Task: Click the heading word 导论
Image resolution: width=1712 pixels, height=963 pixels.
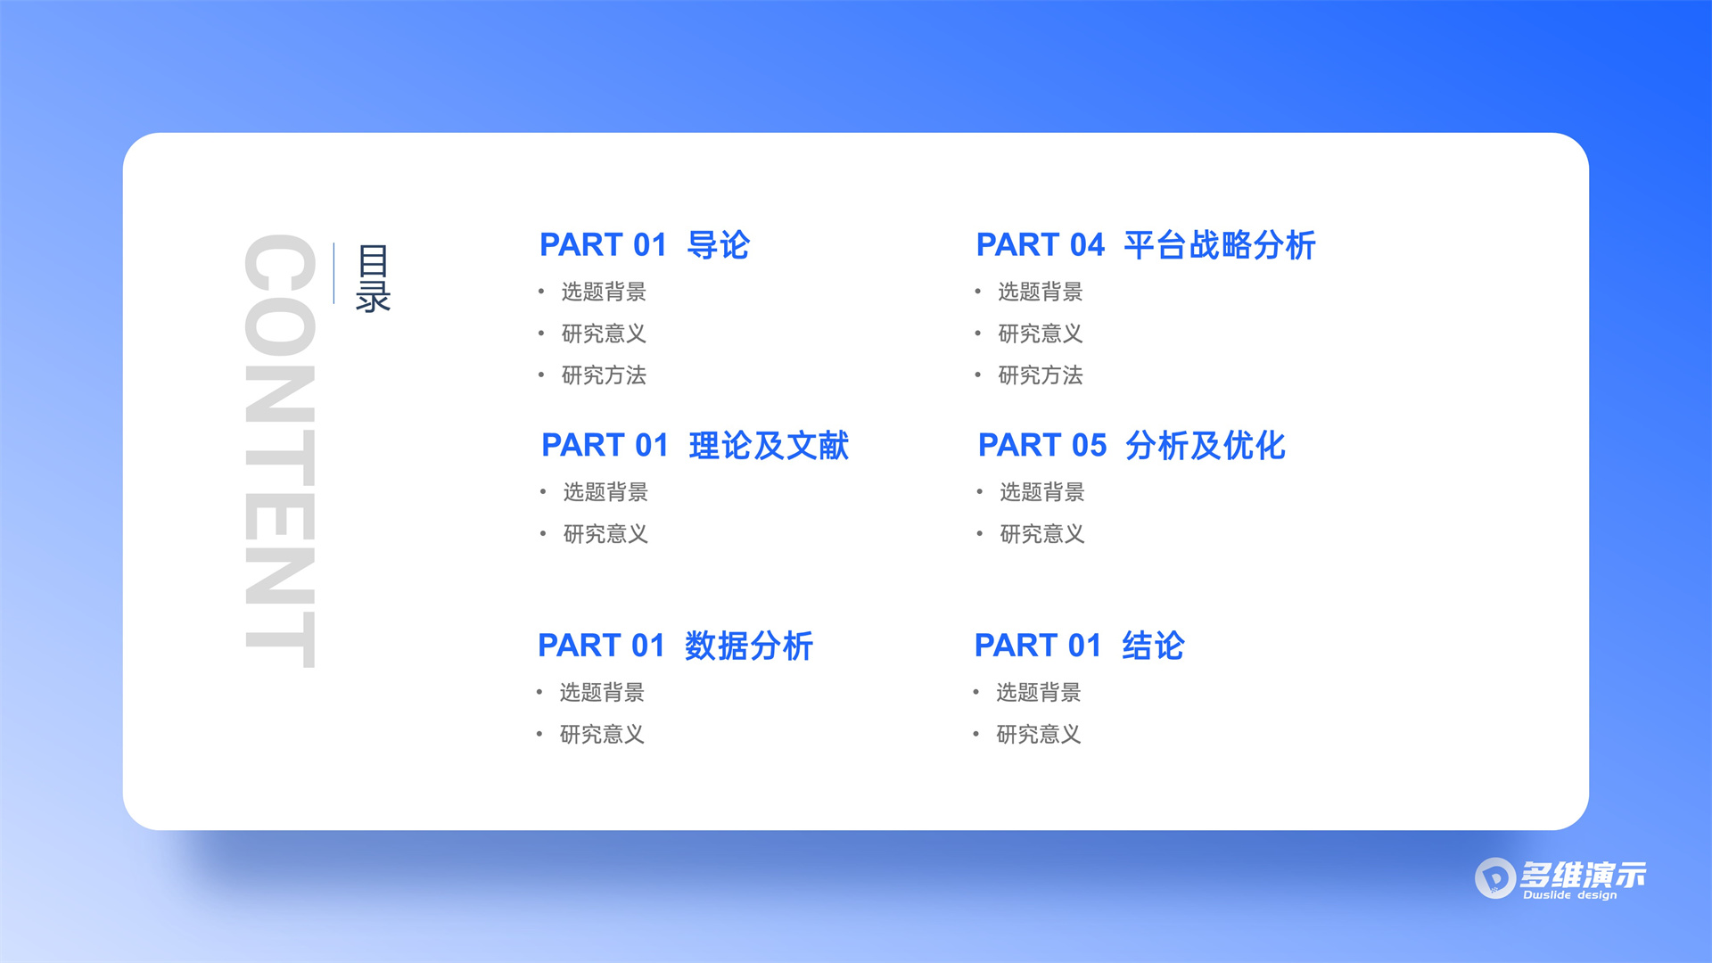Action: point(719,245)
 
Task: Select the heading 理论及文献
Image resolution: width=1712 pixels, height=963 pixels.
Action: point(769,446)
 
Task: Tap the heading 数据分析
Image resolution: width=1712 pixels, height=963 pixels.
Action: point(749,646)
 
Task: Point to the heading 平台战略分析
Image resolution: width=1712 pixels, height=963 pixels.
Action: point(1219,245)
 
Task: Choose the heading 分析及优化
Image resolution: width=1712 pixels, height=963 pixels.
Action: point(1205,446)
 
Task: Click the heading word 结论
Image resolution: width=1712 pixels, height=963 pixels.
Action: point(1153,646)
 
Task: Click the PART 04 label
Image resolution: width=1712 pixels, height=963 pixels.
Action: point(1040,245)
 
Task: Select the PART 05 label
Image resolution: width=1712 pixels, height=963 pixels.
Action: point(1041,446)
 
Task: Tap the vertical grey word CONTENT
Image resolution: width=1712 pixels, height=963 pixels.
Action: point(280,450)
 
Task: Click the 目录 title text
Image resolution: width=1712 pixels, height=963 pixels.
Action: point(373,278)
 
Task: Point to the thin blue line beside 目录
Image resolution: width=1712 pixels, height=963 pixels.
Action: point(334,273)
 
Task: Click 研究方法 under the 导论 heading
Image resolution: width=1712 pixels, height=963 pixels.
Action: point(604,375)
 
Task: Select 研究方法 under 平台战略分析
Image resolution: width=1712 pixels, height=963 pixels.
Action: point(1040,375)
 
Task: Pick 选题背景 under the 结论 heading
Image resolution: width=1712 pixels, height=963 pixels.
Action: point(1038,693)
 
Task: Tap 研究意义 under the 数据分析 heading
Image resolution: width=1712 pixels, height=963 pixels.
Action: point(602,735)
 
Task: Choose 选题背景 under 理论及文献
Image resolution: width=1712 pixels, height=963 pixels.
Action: point(605,492)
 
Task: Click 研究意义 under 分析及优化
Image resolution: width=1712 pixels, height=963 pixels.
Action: point(1041,534)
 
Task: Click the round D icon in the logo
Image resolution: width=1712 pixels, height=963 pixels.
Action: point(1494,878)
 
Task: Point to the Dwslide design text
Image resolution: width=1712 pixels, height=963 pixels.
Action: point(1569,895)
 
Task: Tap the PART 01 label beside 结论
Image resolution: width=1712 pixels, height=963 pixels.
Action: point(1038,646)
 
